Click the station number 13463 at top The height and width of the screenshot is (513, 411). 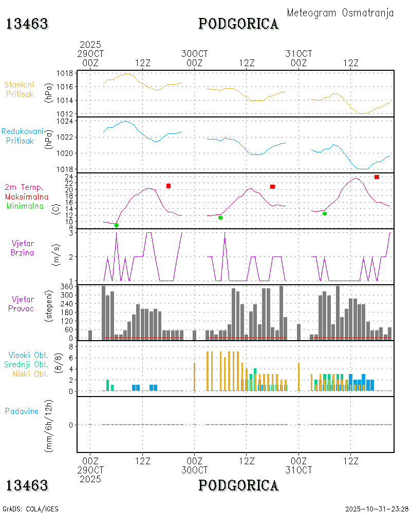pos(27,24)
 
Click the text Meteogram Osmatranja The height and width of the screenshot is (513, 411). pos(340,13)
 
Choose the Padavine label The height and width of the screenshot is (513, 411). pos(22,411)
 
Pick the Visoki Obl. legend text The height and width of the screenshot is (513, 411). pos(28,355)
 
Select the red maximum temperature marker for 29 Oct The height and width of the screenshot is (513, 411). pos(168,186)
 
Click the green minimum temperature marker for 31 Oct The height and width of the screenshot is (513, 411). pos(325,213)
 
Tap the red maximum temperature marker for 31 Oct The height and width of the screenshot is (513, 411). pos(377,177)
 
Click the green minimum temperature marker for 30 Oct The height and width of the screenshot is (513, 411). pos(220,218)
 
